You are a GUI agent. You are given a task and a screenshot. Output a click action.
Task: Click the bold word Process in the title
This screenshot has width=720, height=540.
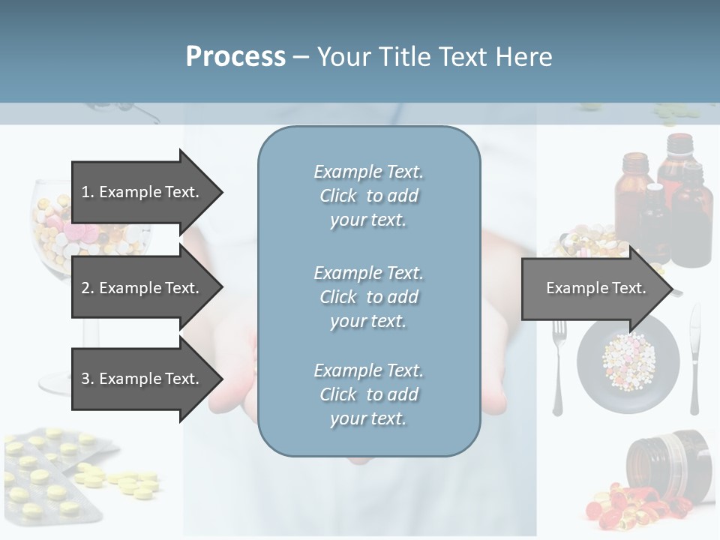tap(235, 56)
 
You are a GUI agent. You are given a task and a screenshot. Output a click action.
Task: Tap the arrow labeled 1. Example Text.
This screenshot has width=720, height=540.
tap(142, 192)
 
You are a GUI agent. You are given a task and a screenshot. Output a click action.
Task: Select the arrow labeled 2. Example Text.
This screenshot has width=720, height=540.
tap(142, 288)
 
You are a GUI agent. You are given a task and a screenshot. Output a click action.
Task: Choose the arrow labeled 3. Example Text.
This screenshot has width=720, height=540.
tap(142, 379)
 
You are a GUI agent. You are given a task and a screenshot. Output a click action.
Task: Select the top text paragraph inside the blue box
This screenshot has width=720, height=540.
tap(368, 196)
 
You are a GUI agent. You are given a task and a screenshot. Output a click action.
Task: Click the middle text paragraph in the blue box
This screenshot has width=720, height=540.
tap(368, 297)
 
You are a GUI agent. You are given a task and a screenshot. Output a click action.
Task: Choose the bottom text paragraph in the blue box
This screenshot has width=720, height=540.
tap(368, 394)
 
